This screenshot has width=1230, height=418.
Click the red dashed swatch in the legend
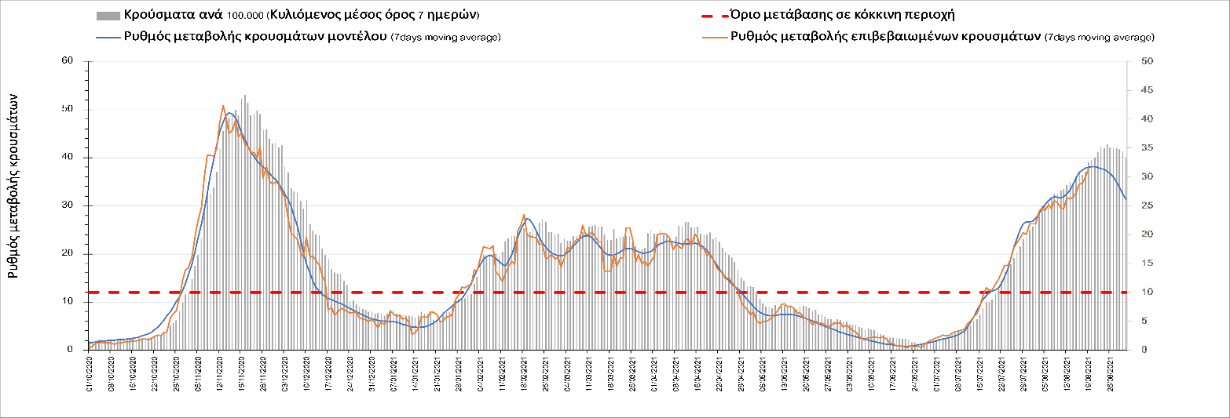(x=712, y=16)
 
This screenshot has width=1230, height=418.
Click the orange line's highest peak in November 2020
(x=223, y=105)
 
